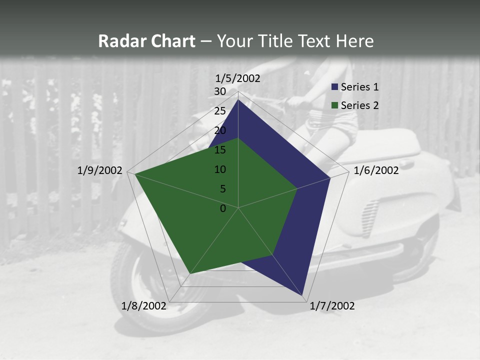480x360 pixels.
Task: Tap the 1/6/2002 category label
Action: click(376, 170)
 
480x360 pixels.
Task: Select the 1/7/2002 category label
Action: click(332, 306)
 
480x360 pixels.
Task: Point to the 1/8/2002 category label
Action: click(144, 306)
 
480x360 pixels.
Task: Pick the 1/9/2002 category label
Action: click(100, 170)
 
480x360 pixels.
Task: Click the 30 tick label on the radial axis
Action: click(220, 91)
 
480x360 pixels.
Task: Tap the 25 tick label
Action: click(220, 111)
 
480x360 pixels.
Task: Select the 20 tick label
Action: click(220, 130)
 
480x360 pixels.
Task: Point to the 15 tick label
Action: click(220, 150)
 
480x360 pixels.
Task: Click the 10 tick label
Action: click(220, 169)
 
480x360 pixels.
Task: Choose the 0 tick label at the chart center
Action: click(223, 208)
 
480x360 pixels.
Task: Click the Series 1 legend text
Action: click(359, 87)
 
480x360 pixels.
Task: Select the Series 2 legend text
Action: click(359, 105)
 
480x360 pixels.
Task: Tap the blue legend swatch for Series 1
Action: click(334, 87)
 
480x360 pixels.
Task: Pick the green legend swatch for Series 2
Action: click(334, 105)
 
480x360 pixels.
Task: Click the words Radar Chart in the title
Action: click(146, 41)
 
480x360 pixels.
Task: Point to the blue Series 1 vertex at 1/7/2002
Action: click(302, 295)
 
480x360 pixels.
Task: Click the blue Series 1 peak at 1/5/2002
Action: click(238, 100)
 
